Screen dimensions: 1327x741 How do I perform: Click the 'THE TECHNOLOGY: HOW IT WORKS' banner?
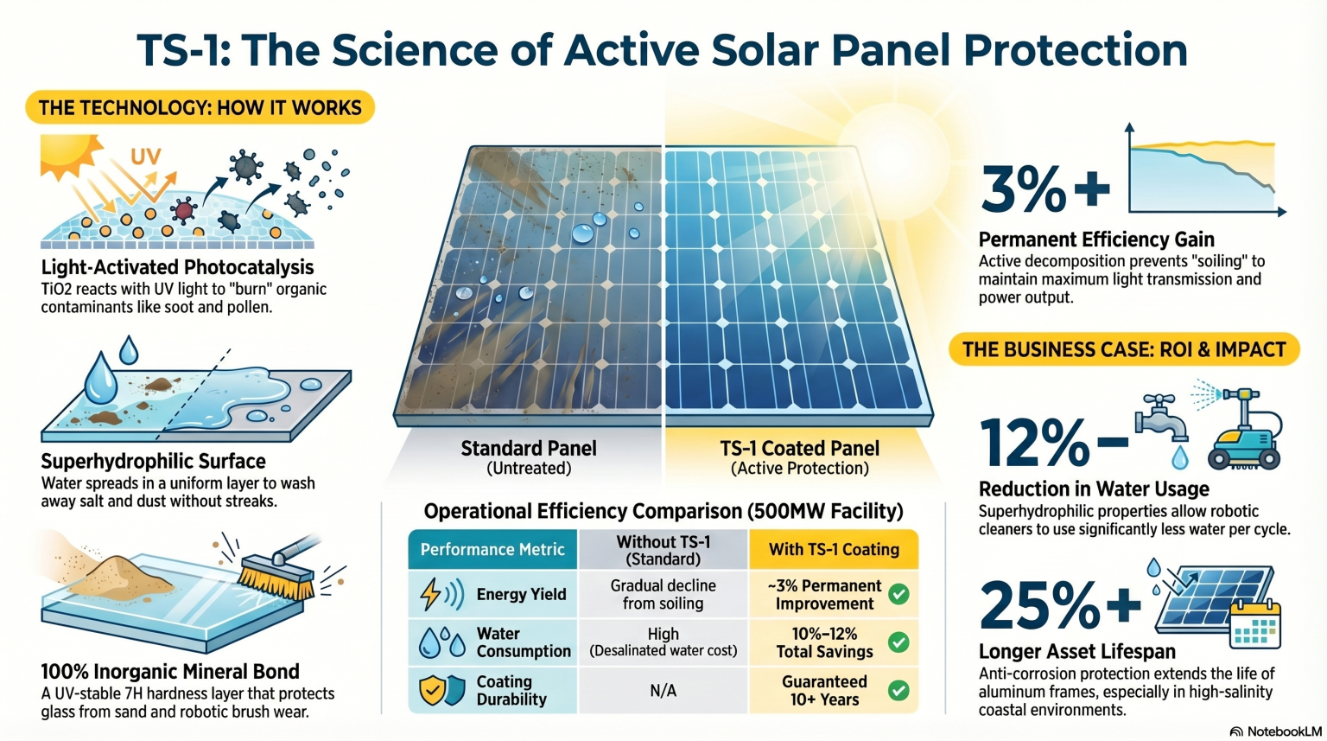(x=200, y=107)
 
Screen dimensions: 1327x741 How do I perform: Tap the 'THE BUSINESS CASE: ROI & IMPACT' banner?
(x=1124, y=349)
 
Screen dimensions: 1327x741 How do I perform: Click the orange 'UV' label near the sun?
(x=146, y=157)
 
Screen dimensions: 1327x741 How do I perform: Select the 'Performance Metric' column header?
(x=492, y=550)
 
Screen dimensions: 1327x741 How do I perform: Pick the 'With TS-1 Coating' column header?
(x=834, y=550)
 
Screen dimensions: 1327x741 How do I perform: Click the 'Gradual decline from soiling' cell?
(x=663, y=595)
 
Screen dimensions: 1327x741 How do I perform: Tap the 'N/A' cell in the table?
(x=663, y=691)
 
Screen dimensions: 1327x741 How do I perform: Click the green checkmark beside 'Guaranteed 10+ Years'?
(x=898, y=691)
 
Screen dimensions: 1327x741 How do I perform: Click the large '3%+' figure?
(x=1045, y=188)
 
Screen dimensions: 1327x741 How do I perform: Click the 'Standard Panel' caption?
(x=529, y=448)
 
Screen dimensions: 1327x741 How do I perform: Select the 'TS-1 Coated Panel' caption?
(x=800, y=448)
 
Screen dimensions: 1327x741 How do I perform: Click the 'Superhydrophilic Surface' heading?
(x=154, y=461)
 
